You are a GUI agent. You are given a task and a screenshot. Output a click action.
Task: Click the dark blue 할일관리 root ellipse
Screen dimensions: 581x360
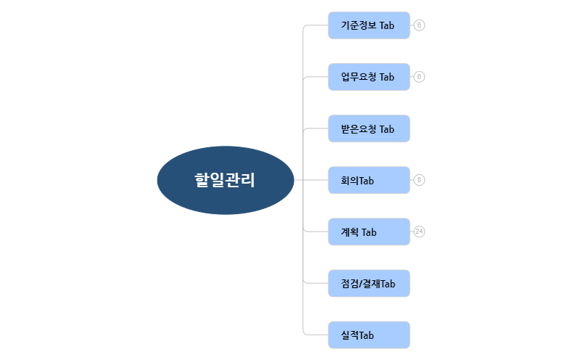click(226, 180)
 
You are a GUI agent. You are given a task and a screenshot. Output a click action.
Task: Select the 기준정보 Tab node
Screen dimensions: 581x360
click(369, 25)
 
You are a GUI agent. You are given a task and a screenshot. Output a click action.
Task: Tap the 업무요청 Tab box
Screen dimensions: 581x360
click(369, 77)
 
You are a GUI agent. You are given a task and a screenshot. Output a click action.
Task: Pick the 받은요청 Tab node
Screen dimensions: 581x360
click(369, 128)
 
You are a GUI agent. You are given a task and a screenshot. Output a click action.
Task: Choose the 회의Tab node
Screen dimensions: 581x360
click(369, 180)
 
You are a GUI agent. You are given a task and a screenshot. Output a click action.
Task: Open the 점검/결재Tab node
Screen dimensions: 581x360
click(369, 283)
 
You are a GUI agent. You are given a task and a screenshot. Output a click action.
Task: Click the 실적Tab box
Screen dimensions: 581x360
click(369, 335)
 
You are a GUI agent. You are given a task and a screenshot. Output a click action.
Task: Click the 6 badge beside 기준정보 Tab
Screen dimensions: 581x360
click(419, 25)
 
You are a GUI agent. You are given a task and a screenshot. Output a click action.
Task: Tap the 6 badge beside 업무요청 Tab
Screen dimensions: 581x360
click(419, 77)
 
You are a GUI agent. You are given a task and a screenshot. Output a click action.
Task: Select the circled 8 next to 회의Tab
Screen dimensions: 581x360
click(419, 180)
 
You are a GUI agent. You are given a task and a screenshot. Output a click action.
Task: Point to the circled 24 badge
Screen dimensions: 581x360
click(419, 232)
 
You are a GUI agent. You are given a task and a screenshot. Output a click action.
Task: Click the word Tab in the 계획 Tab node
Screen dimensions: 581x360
click(369, 232)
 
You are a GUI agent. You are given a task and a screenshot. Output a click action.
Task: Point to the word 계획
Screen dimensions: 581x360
click(350, 232)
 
